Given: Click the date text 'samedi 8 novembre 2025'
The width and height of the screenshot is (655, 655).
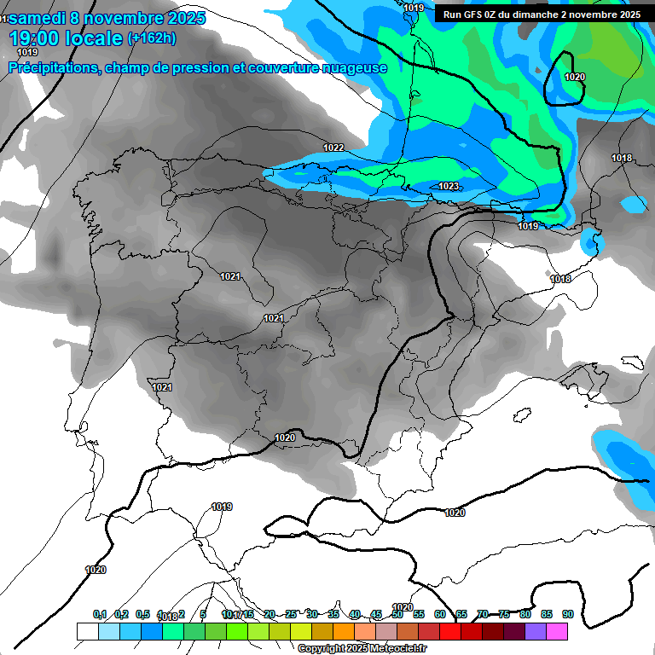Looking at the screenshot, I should point(107,18).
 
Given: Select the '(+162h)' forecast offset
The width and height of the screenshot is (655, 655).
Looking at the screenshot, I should point(151,38).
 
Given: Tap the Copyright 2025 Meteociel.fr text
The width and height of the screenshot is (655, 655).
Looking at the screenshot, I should point(362,649).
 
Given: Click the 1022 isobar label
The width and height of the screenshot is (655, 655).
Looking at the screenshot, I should point(333,148).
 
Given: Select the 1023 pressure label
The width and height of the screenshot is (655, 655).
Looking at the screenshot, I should point(449,186).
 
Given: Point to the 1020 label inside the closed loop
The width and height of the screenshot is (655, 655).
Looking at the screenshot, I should point(575,77).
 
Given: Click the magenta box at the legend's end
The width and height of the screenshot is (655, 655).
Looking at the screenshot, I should point(557,631).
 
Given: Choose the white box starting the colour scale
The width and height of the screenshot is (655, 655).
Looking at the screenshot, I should point(87,631).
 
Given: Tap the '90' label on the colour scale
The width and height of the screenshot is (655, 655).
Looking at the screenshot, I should point(568,614).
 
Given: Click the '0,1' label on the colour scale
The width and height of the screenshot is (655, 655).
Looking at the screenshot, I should point(100,614).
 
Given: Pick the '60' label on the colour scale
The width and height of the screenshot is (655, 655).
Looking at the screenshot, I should point(440,614).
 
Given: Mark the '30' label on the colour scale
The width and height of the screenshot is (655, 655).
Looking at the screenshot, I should point(312,614).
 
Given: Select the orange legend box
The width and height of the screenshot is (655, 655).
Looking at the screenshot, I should point(344,631).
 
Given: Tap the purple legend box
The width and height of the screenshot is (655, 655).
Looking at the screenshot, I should point(536,631).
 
